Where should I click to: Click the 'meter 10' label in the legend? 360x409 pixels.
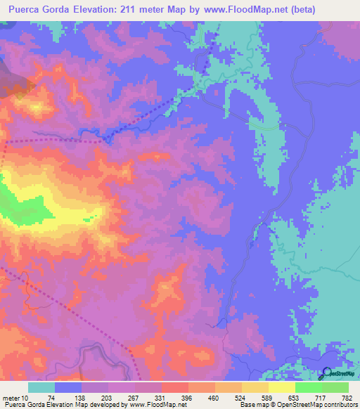pyautogui.click(x=15, y=397)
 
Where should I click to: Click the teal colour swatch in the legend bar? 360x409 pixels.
pyautogui.click(x=41, y=387)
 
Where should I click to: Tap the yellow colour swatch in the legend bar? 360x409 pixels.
pyautogui.click(x=281, y=387)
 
